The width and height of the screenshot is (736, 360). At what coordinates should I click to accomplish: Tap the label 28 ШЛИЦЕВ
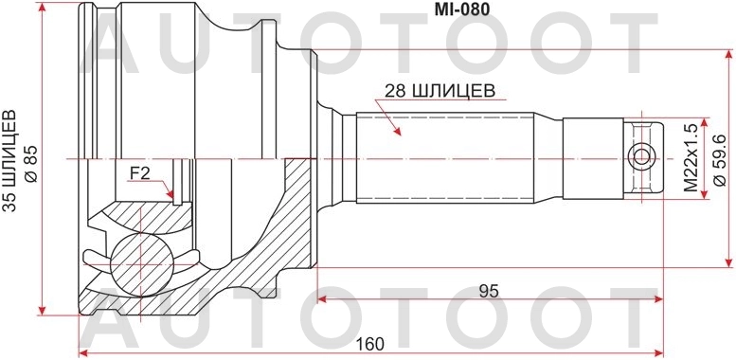pyautogui.click(x=437, y=92)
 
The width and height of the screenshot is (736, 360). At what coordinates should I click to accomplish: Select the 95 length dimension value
pyautogui.click(x=489, y=291)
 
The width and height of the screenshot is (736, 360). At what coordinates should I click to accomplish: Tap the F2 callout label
pyautogui.click(x=140, y=172)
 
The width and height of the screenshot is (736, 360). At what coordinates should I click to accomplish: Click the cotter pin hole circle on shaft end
pyautogui.click(x=643, y=156)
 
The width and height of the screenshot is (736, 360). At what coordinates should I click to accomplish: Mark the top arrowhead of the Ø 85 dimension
pyautogui.click(x=43, y=8)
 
